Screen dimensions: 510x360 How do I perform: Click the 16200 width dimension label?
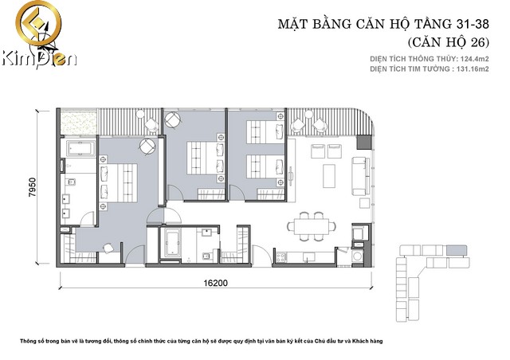(x=215, y=283)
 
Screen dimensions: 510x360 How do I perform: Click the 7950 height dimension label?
(x=33, y=187)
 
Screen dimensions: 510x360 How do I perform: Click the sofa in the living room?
(x=361, y=176)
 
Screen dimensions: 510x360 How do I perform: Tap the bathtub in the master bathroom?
(x=80, y=149)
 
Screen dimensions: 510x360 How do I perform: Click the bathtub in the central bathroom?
(x=172, y=242)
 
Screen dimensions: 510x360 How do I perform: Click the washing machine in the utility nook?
(x=358, y=256)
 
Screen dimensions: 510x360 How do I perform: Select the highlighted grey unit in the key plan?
(x=457, y=250)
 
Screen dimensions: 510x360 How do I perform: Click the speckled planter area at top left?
(x=79, y=123)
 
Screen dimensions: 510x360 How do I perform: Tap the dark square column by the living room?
(x=364, y=142)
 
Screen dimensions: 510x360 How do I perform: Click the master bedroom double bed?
(x=119, y=182)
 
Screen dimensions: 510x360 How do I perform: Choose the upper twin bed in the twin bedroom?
(x=265, y=132)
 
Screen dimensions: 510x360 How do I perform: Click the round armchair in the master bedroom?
(x=147, y=147)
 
